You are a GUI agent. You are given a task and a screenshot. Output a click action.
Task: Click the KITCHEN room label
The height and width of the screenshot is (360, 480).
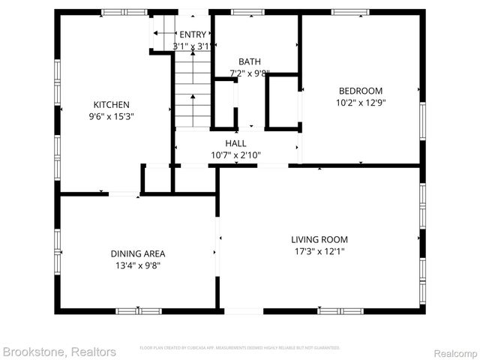coord(111,104)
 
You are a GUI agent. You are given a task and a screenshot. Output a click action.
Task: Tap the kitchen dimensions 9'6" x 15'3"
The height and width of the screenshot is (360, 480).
coord(111,116)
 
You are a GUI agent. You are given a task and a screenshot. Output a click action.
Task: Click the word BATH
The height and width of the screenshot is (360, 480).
coord(249,61)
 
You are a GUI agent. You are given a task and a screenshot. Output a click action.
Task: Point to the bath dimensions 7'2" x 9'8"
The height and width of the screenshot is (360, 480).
coord(249,73)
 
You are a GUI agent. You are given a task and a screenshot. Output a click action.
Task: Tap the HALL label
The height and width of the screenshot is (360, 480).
coord(235,143)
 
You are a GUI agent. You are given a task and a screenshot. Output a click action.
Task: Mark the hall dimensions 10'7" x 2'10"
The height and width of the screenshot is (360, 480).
coord(235,155)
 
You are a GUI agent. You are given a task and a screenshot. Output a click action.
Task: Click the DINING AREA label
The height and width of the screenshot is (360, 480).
coord(138,253)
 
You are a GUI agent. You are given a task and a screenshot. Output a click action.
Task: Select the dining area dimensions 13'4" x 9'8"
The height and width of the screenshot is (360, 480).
coord(138,265)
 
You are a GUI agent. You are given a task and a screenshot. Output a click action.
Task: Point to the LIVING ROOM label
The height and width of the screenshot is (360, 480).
coord(319,240)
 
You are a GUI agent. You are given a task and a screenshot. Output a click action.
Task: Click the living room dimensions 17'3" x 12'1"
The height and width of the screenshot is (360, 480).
coord(319,252)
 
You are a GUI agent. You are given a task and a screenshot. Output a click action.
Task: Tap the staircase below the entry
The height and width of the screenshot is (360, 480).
coord(193,90)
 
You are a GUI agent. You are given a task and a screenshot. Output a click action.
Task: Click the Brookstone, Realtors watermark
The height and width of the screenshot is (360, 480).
coord(59,351)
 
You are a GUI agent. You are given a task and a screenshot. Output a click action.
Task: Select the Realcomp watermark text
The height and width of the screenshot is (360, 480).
coord(451,351)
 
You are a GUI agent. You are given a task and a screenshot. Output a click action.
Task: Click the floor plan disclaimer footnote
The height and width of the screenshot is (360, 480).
coord(240,348)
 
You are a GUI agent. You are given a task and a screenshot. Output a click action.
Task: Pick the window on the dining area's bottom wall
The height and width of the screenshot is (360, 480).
coord(138,310)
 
